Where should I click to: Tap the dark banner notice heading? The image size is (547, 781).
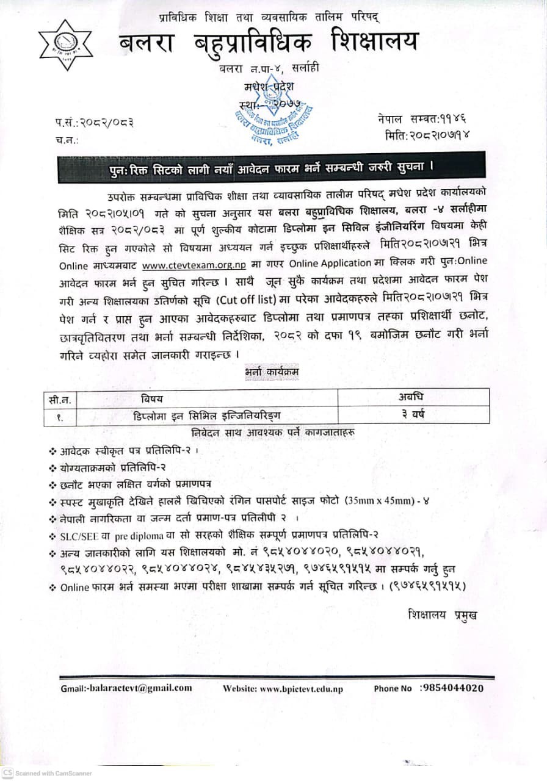(x=271, y=167)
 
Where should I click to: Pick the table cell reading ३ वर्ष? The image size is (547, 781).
(x=411, y=415)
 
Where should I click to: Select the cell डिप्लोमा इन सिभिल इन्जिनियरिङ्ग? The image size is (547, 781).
(x=208, y=416)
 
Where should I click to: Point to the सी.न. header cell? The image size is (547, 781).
(x=60, y=400)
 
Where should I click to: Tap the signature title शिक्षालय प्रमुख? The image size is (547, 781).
(x=443, y=614)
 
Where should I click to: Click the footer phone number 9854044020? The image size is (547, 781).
(x=452, y=688)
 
